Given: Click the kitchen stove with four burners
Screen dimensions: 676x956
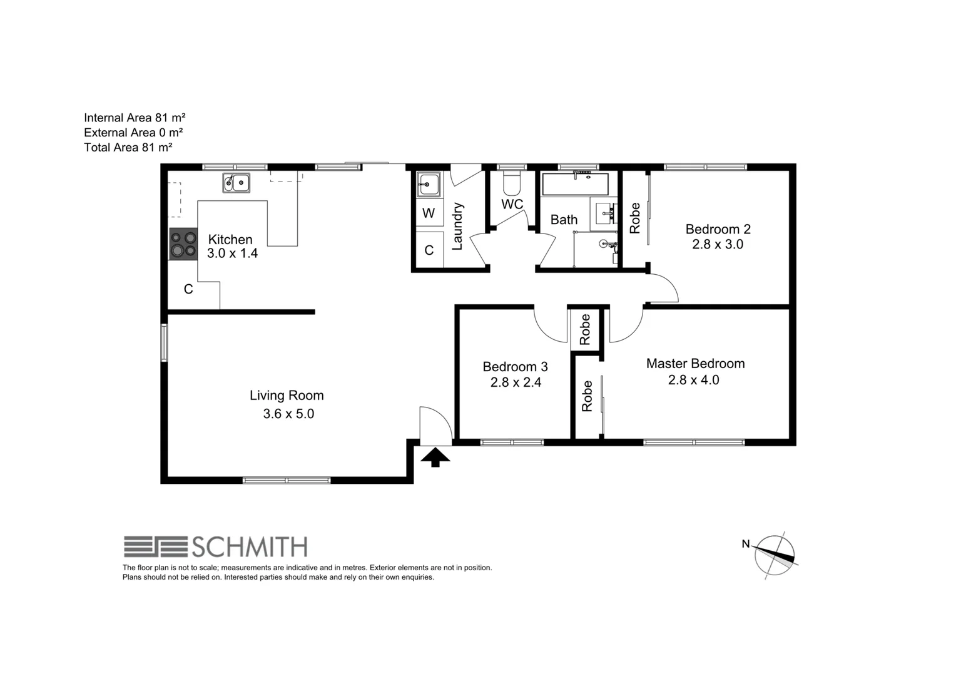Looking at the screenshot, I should coord(183,243).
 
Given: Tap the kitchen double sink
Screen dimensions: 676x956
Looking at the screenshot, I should coord(236,183).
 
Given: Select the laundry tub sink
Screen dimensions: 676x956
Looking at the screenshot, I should coord(429,185).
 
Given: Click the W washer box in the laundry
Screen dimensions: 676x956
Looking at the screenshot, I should coord(429,213).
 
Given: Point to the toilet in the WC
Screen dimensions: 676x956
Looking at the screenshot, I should coord(511,183).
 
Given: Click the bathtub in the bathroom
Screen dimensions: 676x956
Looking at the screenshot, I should coord(575,185).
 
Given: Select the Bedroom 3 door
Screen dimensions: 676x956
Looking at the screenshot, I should coord(550,324).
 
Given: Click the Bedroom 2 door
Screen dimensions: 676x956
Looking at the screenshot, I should coord(664,289).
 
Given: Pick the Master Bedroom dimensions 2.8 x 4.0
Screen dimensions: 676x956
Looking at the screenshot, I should coord(693,380).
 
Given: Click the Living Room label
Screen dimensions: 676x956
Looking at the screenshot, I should coord(287,396).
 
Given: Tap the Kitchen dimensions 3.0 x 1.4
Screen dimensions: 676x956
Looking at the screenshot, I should coord(232,253).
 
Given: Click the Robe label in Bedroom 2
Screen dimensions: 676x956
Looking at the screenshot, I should coord(635,218).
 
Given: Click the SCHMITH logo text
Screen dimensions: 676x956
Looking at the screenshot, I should coord(248,547).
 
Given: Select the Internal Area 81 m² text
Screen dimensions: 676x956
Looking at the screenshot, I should coord(135,118).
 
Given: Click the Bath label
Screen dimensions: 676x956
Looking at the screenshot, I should coord(564,220).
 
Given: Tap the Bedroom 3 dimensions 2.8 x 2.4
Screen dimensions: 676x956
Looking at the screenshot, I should coord(516,382).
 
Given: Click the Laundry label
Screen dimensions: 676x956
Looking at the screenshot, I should coord(457,226).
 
